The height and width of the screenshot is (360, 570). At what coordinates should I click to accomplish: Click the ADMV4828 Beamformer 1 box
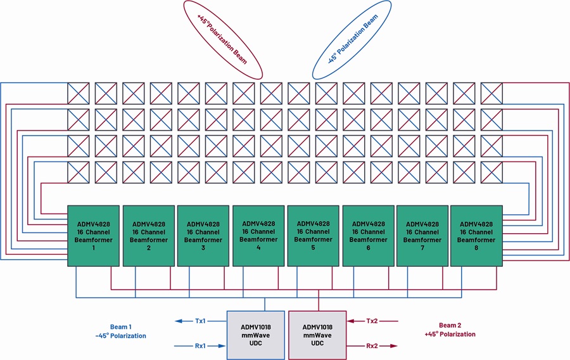pos(94,236)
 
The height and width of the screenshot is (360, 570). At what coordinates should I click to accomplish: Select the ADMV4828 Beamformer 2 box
pos(149,236)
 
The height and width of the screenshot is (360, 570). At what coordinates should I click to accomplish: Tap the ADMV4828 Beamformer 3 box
pos(203,236)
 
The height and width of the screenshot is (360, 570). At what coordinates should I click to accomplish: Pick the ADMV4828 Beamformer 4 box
pos(258,236)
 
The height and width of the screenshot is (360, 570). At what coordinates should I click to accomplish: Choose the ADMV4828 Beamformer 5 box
pos(313,236)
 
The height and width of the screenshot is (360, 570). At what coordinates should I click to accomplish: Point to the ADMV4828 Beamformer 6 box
pos(368,236)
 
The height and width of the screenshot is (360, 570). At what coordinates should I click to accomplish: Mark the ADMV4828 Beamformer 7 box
pos(422,236)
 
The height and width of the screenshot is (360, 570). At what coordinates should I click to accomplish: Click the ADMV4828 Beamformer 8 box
pos(476,236)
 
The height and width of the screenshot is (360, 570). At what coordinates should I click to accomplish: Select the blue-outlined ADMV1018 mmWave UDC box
pos(256,335)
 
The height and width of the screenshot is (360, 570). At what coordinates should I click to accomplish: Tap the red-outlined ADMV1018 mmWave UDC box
pos(317,335)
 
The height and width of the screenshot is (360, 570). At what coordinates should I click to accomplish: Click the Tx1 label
pos(200,321)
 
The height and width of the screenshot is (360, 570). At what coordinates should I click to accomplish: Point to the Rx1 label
pos(200,346)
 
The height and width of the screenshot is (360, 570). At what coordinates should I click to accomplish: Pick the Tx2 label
pos(372,321)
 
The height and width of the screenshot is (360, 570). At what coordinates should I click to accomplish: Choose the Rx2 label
pos(372,346)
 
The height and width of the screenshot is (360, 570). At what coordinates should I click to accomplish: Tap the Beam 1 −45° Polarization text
pos(121,331)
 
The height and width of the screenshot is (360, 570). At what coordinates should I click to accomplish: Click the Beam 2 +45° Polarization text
pos(450,330)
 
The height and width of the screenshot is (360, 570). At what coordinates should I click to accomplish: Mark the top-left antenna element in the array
pos(78,93)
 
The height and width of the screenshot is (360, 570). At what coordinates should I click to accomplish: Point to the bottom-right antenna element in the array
pos(491,172)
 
